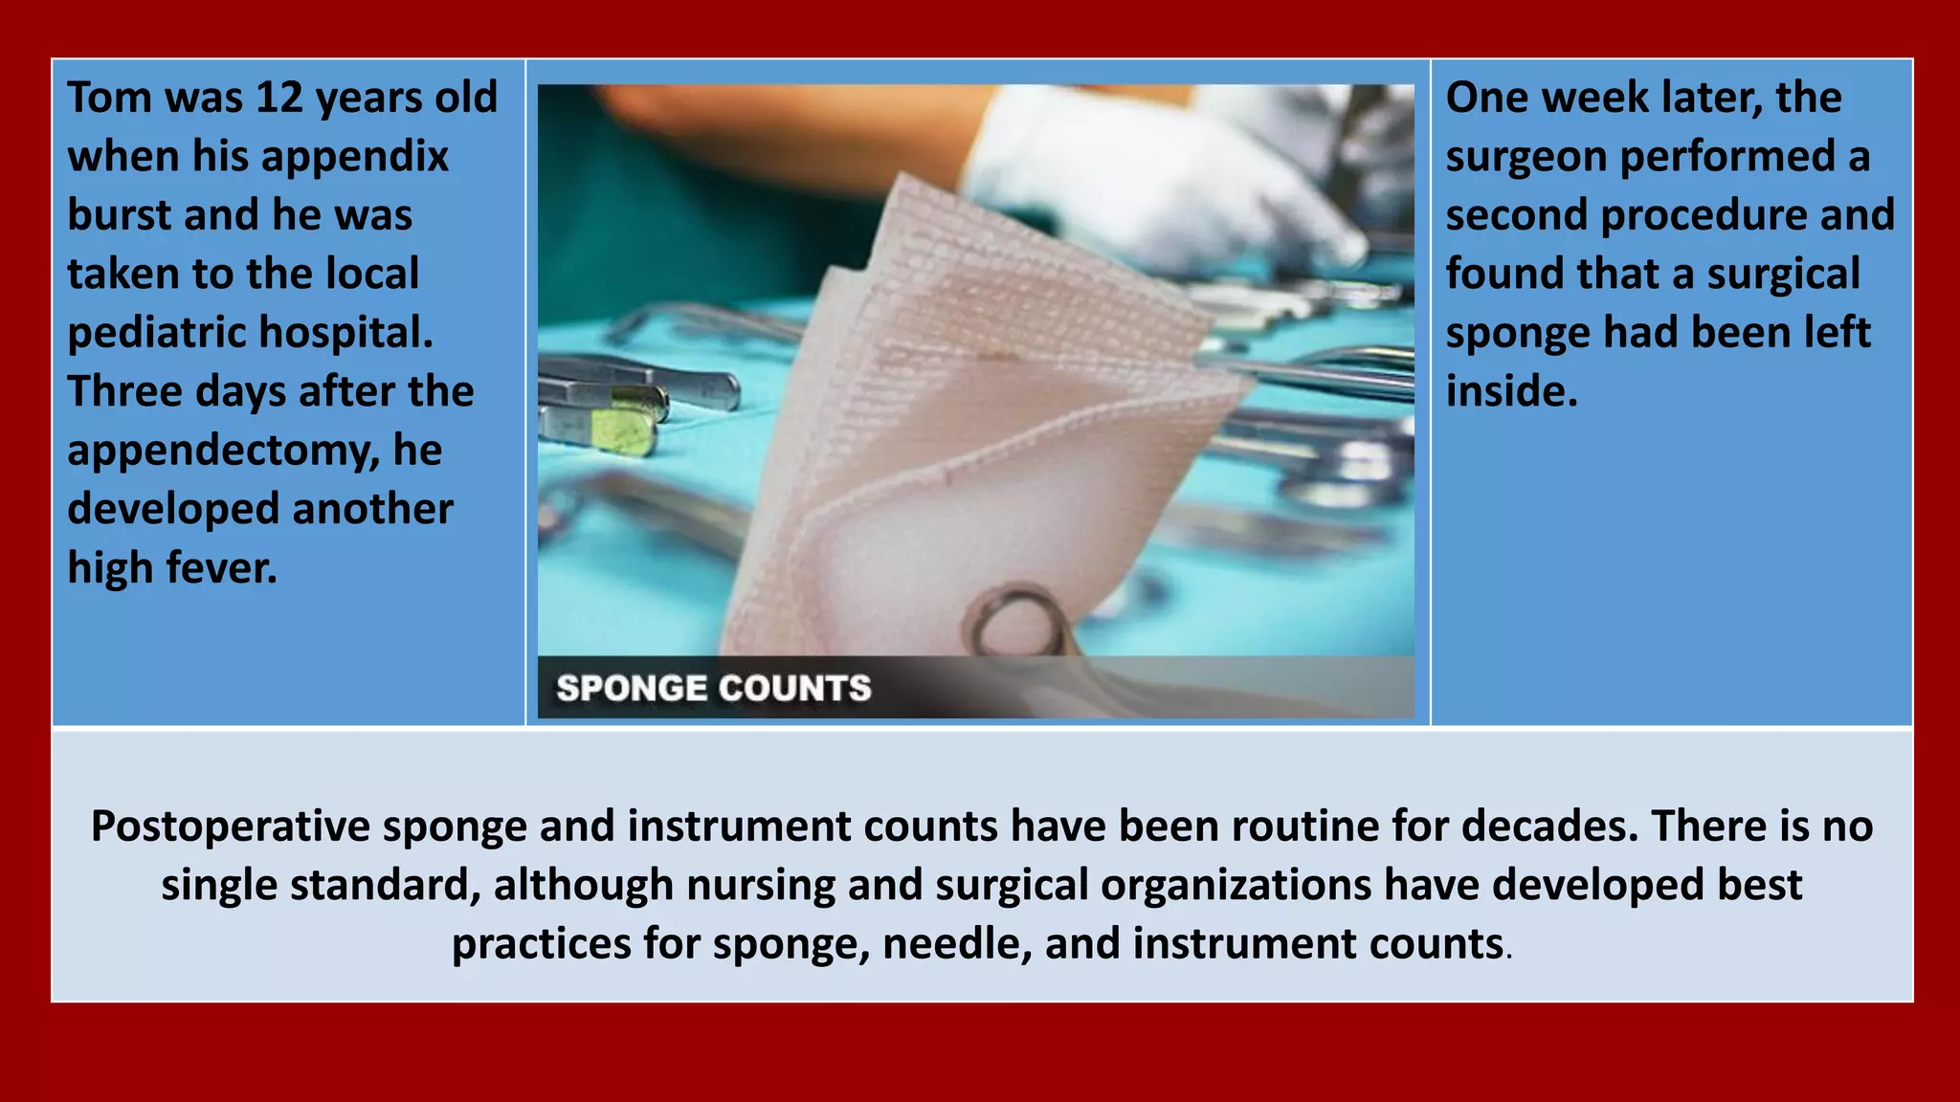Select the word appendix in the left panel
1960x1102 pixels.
pos(377,157)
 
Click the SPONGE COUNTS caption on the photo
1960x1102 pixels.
pos(714,688)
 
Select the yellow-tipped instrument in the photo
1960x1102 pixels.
pos(622,430)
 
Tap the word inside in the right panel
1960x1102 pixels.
pos(1511,391)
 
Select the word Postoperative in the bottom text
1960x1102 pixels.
pos(231,826)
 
